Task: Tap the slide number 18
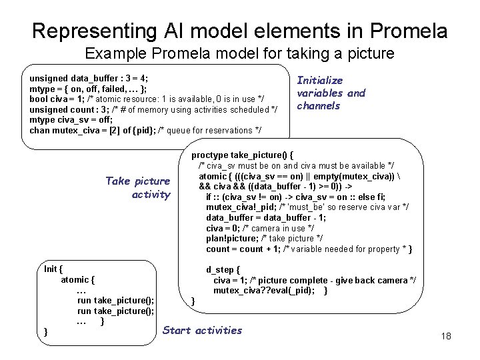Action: click(446, 335)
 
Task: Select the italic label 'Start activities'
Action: click(202, 330)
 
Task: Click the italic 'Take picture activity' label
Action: click(138, 188)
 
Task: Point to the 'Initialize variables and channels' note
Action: click(331, 93)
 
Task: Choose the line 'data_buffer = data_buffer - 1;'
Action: click(265, 218)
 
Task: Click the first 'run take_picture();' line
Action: click(116, 300)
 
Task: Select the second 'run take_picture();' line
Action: click(116, 311)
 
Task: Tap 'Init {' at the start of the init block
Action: click(53, 269)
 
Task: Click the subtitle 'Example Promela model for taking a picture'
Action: click(240, 53)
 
